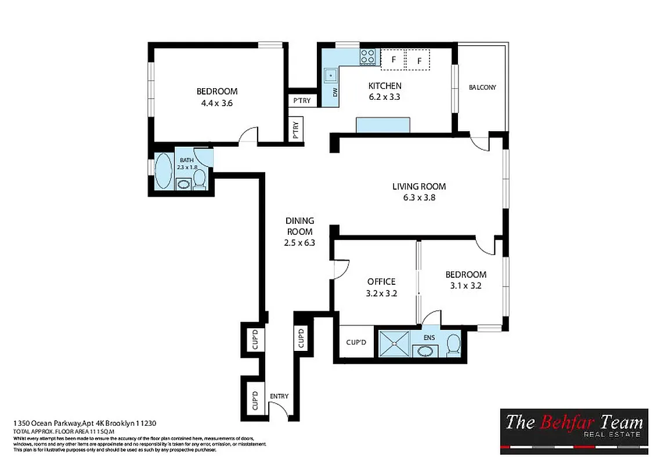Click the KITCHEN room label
click(x=384, y=86)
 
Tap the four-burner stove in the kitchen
click(x=368, y=56)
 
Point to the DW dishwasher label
click(x=335, y=92)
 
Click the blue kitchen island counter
click(x=382, y=125)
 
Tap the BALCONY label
click(x=482, y=88)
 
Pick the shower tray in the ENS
click(x=394, y=343)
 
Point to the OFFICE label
click(x=381, y=282)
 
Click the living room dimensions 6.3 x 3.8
click(x=419, y=197)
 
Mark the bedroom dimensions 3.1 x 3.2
click(x=465, y=285)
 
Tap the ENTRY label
click(x=279, y=396)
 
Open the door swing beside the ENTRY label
click(x=281, y=411)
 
